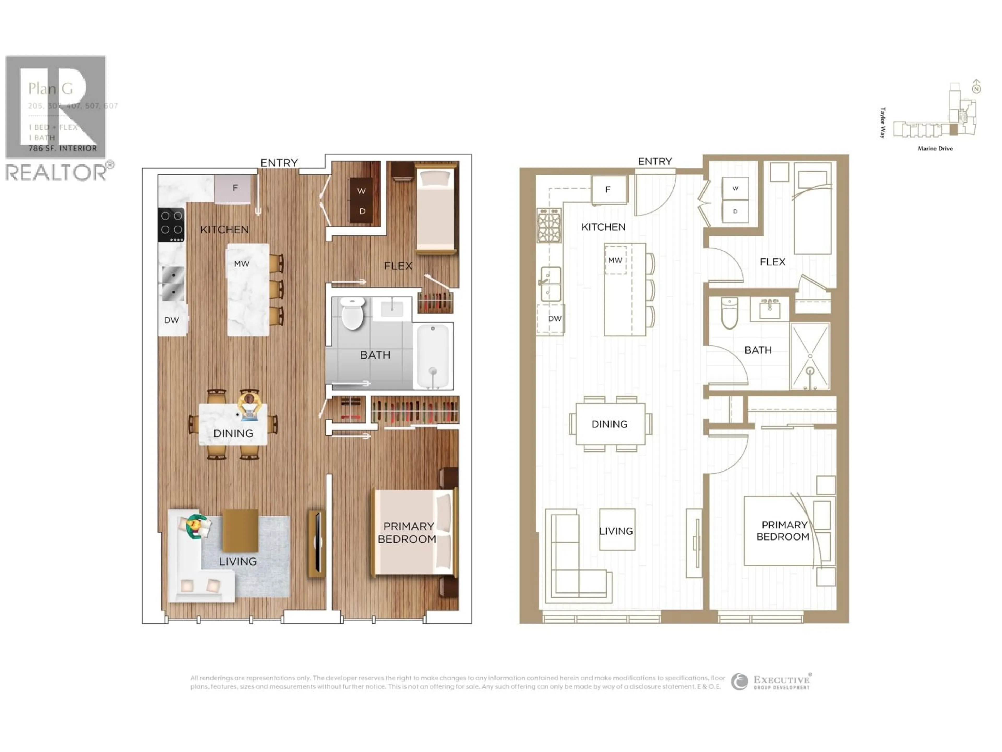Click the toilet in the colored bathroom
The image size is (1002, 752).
pos(353,313)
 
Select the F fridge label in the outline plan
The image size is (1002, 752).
pos(608,190)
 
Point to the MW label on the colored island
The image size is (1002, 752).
pos(241,263)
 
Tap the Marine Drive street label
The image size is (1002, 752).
pos(935,148)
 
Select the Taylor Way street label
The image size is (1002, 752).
pos(882,122)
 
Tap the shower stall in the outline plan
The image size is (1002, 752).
pos(810,356)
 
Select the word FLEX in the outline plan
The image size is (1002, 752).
pos(772,262)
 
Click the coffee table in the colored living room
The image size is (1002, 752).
pos(240,530)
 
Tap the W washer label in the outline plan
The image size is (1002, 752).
pos(735,188)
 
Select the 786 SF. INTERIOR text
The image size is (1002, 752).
pos(63,148)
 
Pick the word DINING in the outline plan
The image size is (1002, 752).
pos(609,424)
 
